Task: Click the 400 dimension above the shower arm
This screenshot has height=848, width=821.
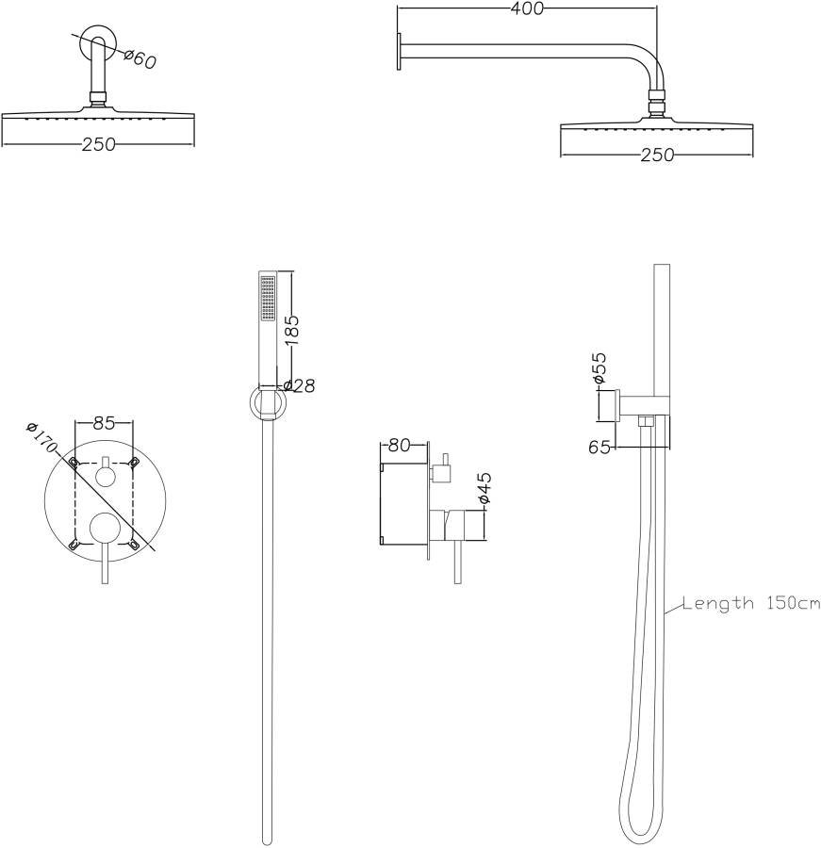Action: [x=527, y=9]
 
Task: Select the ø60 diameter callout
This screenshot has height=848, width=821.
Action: [x=140, y=58]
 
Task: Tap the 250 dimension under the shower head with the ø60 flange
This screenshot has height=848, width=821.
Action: [x=98, y=144]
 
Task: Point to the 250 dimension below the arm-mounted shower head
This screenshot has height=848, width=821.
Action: [x=657, y=155]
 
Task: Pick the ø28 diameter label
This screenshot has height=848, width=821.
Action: [x=299, y=386]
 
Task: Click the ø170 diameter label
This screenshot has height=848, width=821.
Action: [x=43, y=440]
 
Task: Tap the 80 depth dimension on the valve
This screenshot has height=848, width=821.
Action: [x=399, y=445]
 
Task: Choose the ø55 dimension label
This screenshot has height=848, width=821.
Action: [x=599, y=368]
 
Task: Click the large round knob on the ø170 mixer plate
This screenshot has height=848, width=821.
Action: [x=104, y=530]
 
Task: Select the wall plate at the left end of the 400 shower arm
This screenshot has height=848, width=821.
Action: [x=401, y=51]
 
